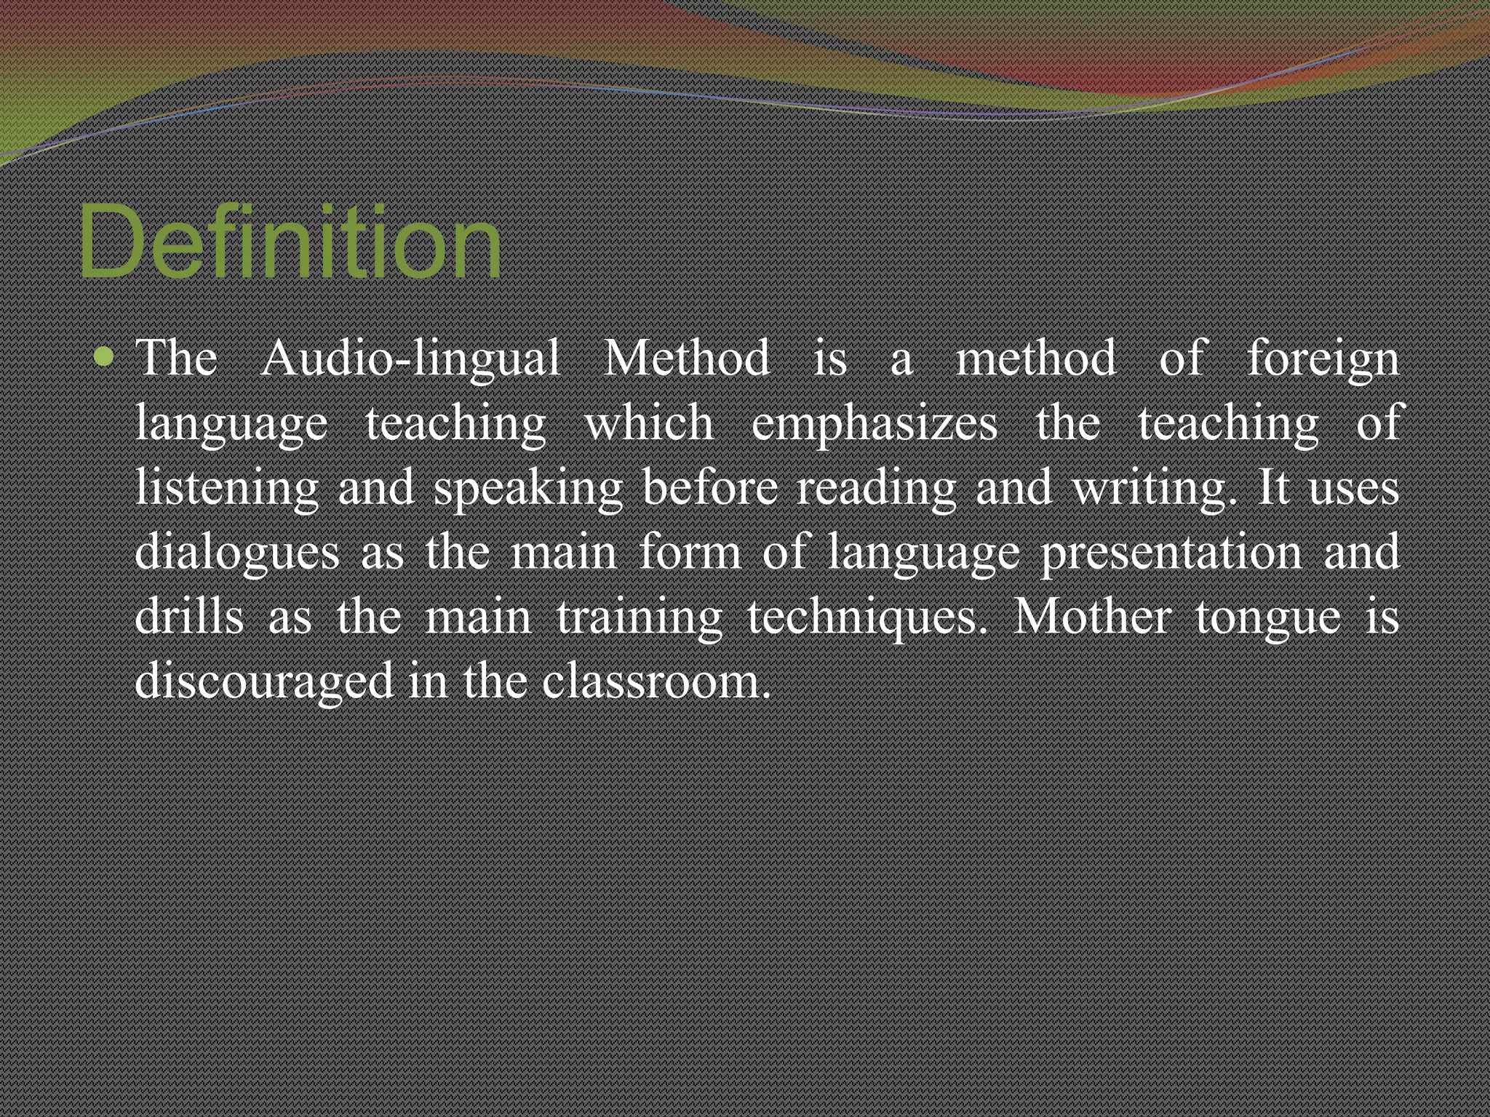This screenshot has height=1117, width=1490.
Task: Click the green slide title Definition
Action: [290, 241]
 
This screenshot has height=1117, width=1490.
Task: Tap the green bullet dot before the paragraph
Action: [105, 357]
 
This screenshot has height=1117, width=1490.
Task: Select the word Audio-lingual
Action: [410, 359]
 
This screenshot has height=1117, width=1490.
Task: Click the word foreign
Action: [1323, 359]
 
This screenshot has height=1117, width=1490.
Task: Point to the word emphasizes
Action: [874, 424]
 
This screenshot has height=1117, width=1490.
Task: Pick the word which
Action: [649, 423]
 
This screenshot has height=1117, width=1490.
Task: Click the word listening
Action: [226, 488]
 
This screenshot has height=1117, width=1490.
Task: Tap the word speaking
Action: [528, 488]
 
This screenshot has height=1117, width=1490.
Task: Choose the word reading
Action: [877, 488]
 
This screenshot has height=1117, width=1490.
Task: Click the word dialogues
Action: [237, 552]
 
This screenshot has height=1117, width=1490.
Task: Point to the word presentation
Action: [1171, 552]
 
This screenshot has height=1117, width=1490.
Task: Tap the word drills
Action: [189, 616]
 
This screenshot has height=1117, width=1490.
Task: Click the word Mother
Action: [1092, 616]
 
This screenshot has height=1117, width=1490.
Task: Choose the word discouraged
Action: [263, 681]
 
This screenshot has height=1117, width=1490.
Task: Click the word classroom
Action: [655, 681]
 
